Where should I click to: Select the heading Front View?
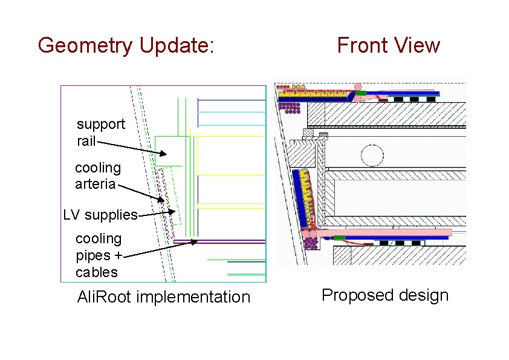tap(388, 45)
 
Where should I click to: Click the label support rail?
tap(100, 133)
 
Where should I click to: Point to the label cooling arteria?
tap(97, 175)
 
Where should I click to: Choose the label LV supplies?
tap(100, 215)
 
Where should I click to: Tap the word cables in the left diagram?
tap(97, 272)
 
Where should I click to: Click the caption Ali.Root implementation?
tap(163, 297)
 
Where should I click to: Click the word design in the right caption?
tap(424, 295)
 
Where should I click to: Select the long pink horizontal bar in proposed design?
tap(387, 232)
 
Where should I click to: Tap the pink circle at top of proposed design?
tap(358, 87)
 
